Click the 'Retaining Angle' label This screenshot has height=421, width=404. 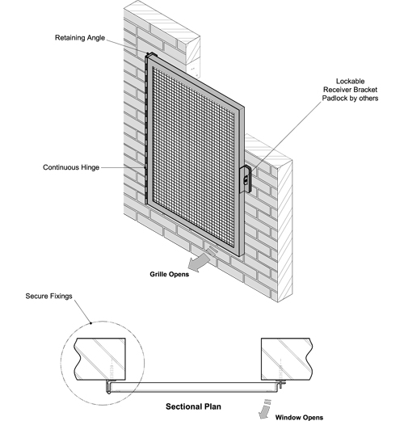tap(80, 38)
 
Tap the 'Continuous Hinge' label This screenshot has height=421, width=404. tap(71, 167)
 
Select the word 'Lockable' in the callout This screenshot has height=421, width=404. tap(350, 82)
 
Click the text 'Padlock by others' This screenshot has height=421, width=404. tap(350, 98)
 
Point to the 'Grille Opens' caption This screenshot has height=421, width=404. tap(170, 274)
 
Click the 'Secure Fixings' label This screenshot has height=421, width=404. tap(48, 296)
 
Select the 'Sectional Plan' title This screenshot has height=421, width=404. tap(193, 406)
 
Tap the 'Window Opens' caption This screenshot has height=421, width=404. tap(299, 417)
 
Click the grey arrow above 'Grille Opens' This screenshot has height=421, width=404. tap(200, 259)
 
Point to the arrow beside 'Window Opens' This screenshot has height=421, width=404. tap(264, 410)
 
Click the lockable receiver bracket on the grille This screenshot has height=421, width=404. tap(246, 179)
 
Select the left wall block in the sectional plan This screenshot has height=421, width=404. tap(99, 359)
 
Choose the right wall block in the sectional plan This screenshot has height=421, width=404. tap(287, 359)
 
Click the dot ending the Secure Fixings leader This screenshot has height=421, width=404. tap(91, 323)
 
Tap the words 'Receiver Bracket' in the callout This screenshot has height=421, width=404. tap(350, 90)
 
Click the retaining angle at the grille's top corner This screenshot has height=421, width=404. tap(151, 55)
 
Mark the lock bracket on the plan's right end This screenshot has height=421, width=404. tap(280, 384)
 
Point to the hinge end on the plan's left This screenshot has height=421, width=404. tap(108, 388)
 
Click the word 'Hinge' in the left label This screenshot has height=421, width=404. tap(90, 167)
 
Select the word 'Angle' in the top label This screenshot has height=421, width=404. tap(96, 38)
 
